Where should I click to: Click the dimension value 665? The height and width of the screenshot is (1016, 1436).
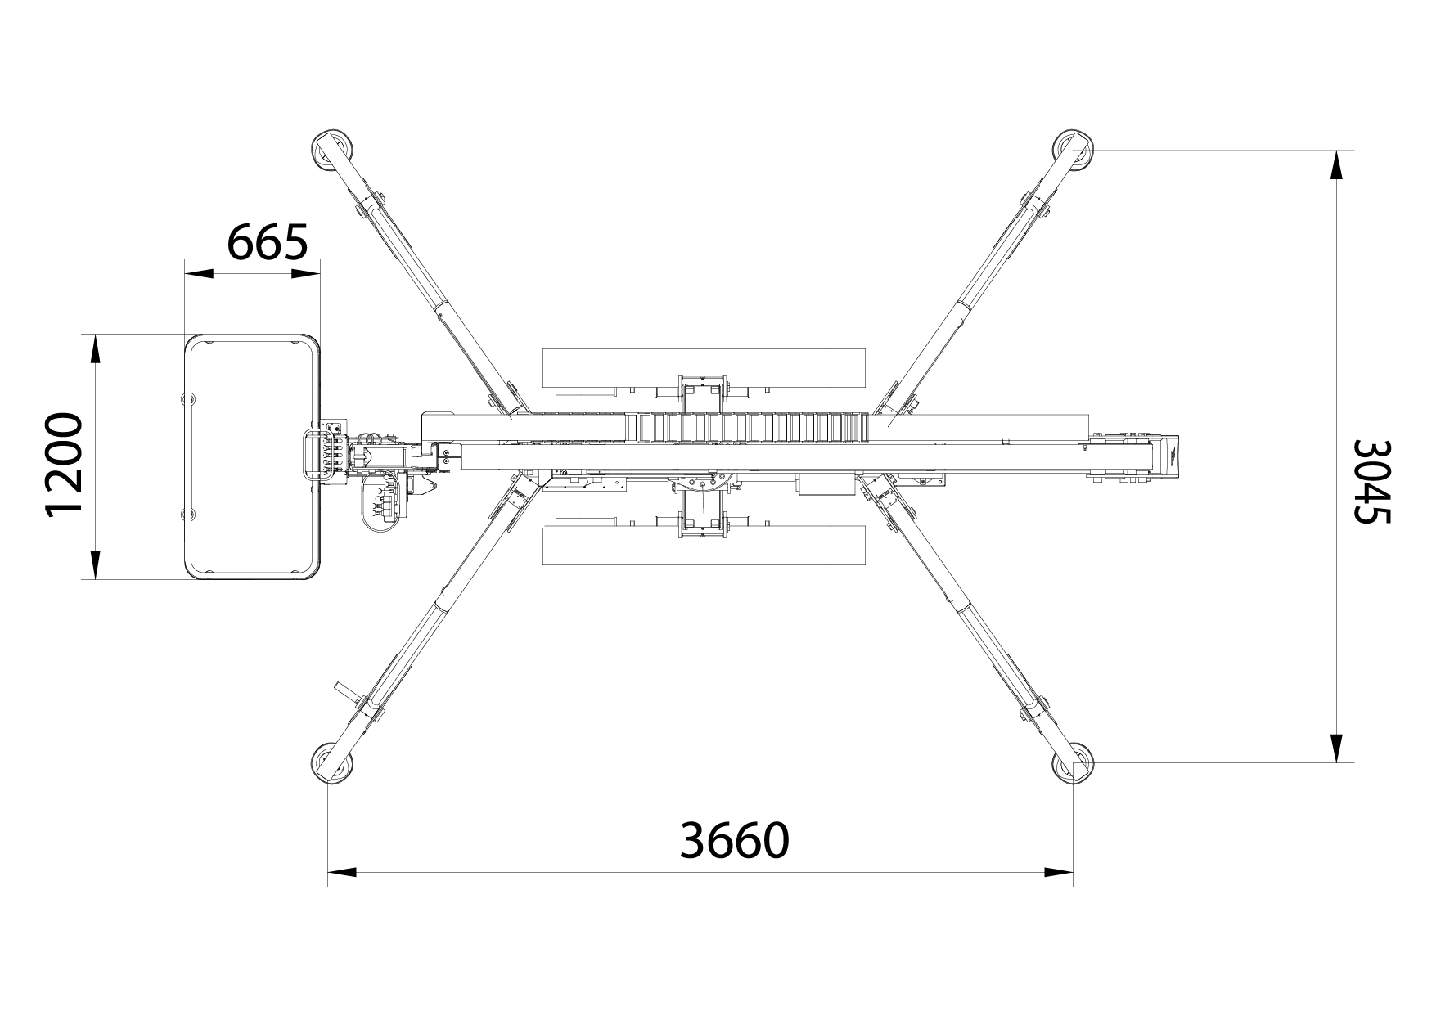[x=267, y=241]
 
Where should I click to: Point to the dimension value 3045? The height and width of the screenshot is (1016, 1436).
[x=1371, y=482]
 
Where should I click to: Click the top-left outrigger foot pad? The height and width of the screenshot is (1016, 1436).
[x=333, y=150]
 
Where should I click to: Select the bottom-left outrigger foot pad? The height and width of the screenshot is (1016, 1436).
[x=332, y=763]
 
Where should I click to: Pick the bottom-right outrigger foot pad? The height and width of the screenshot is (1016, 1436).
[x=1073, y=763]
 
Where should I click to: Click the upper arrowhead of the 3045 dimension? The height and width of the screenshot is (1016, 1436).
[x=1335, y=165]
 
